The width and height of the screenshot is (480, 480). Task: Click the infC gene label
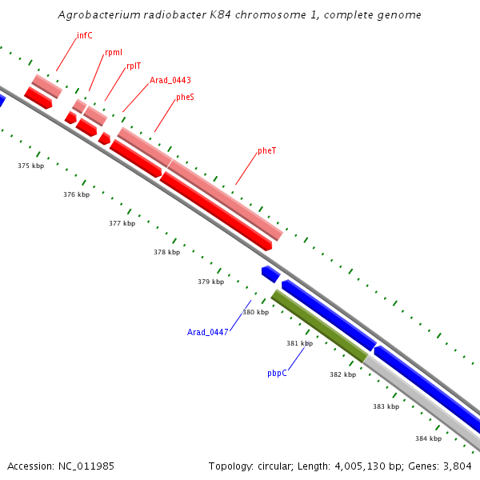85,36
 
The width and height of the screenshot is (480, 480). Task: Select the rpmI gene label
114,53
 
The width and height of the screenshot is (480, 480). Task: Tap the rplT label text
134,66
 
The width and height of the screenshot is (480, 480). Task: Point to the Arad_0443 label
170,80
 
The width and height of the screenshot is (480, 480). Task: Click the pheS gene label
185,98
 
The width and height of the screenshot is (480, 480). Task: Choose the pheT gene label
267,151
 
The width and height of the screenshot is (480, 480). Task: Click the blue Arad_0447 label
208,332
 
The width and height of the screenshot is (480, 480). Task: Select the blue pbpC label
277,373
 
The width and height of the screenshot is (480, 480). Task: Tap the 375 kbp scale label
30,166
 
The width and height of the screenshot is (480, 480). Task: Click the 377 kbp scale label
122,223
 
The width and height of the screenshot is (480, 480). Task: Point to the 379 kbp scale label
210,282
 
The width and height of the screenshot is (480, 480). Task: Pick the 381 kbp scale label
299,343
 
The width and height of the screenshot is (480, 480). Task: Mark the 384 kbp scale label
428,438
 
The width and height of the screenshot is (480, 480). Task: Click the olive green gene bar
319,326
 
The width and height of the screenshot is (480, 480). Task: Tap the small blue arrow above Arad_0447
270,274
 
